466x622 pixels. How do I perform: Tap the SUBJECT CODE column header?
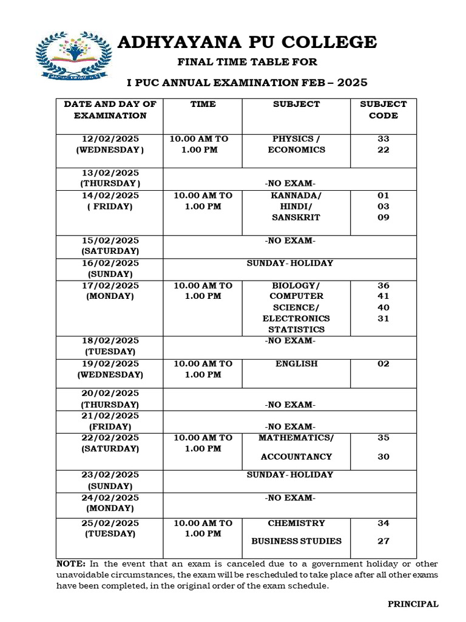pos(383,110)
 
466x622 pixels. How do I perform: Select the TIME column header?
pos(203,104)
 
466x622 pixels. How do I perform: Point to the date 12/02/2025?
pos(110,139)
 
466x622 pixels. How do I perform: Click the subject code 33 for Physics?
pos(383,139)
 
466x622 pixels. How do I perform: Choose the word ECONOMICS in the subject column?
pos(296,150)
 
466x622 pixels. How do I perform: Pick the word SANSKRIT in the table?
pos(296,217)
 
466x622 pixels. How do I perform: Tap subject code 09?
pos(383,217)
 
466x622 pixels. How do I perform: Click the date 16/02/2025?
pos(110,264)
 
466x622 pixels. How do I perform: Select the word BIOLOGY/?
pos(296,285)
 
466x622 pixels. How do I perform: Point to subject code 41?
pos(383,296)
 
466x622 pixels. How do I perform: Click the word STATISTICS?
pos(296,329)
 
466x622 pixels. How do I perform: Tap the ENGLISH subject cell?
pos(296,364)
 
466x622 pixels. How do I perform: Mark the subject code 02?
pos(383,364)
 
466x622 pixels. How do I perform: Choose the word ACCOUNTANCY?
pos(296,457)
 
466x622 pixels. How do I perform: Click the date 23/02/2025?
pos(110,475)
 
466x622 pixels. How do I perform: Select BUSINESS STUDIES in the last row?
pos(296,541)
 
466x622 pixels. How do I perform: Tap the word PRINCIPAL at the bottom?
pos(413,604)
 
